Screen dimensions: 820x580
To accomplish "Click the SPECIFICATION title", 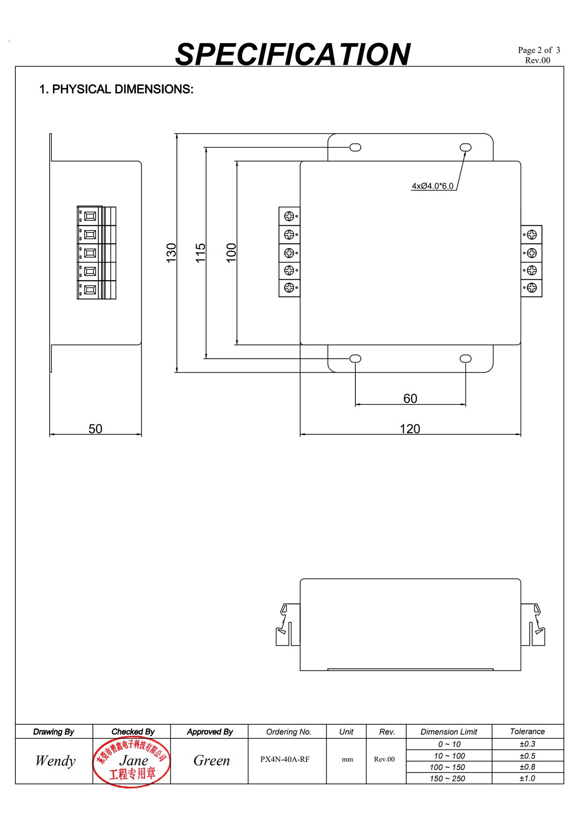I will click(293, 55).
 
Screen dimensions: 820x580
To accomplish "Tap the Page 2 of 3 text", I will click(539, 50).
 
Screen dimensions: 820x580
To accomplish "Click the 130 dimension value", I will click(171, 253).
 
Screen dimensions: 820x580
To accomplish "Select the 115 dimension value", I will click(200, 253).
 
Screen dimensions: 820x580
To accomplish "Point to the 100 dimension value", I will click(231, 253).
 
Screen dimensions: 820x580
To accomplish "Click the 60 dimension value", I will click(410, 398).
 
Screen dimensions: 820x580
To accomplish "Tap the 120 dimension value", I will click(410, 429).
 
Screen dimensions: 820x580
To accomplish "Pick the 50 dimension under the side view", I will click(95, 429).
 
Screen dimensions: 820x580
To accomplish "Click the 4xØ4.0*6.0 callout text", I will click(432, 186).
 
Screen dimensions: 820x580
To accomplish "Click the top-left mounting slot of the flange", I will click(355, 147).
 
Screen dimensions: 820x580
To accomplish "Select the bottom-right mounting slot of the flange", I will click(466, 359).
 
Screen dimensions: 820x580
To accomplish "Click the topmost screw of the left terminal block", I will click(289, 216).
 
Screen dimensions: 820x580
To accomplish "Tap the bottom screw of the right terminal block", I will click(532, 288).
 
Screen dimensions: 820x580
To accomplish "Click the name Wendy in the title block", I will click(55, 761).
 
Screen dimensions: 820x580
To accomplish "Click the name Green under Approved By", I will click(211, 761).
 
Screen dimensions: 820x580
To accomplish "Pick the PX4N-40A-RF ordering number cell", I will click(285, 759).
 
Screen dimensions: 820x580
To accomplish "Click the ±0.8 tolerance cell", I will click(527, 767).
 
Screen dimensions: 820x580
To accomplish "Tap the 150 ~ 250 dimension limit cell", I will click(447, 779).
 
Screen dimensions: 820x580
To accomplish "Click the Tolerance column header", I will click(527, 732).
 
